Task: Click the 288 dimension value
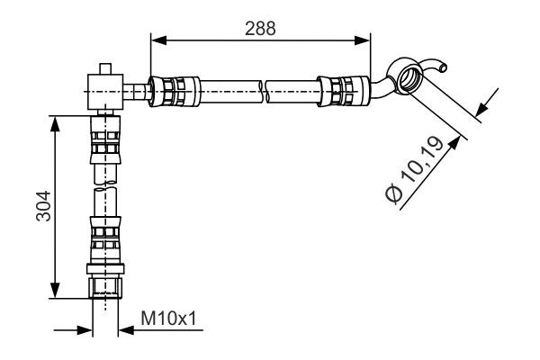pos(260,27)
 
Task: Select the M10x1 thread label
pos(168,318)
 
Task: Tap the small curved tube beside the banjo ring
pos(438,65)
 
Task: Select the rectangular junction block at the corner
pos(104,90)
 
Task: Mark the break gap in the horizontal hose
pos(266,91)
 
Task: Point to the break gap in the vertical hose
pos(104,184)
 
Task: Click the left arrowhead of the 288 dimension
pos(156,39)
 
